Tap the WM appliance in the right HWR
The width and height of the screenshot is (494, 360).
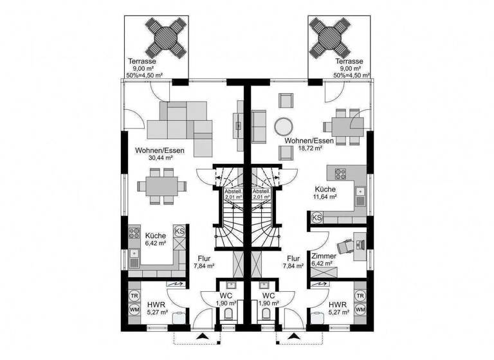(360, 310)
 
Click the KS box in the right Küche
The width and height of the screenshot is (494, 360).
(317, 218)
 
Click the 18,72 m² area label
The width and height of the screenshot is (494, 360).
(309, 148)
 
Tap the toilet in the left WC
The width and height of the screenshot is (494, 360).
(229, 313)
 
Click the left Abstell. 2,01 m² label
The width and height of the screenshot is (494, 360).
(232, 194)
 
